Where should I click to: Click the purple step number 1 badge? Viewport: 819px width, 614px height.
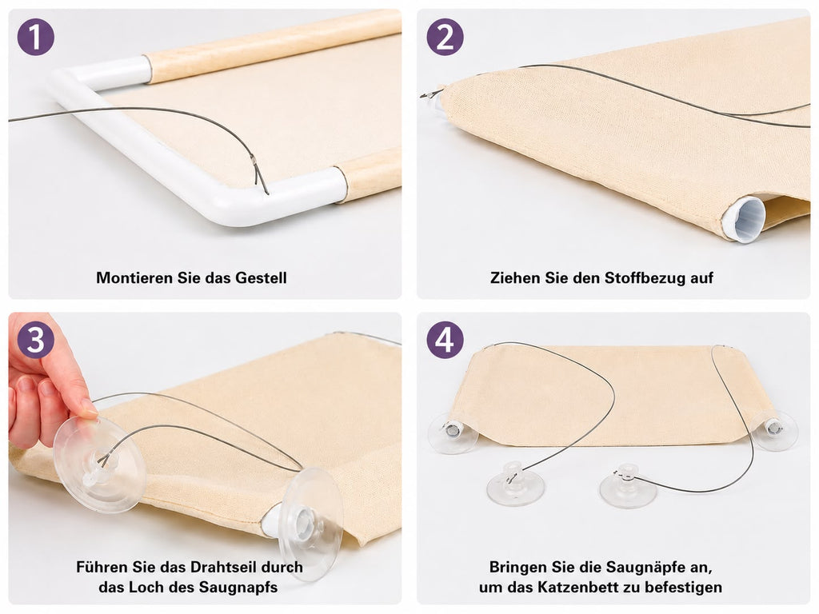(35, 37)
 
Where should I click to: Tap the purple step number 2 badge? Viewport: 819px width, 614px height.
(445, 37)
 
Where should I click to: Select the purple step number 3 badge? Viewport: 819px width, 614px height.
(35, 340)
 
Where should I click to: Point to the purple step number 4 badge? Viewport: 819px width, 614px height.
(445, 340)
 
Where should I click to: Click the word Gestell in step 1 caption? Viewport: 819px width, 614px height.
(261, 277)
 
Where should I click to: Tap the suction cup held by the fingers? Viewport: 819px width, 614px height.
(99, 464)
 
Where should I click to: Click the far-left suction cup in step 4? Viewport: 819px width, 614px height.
(453, 432)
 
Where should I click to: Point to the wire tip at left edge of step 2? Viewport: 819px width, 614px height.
(422, 95)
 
